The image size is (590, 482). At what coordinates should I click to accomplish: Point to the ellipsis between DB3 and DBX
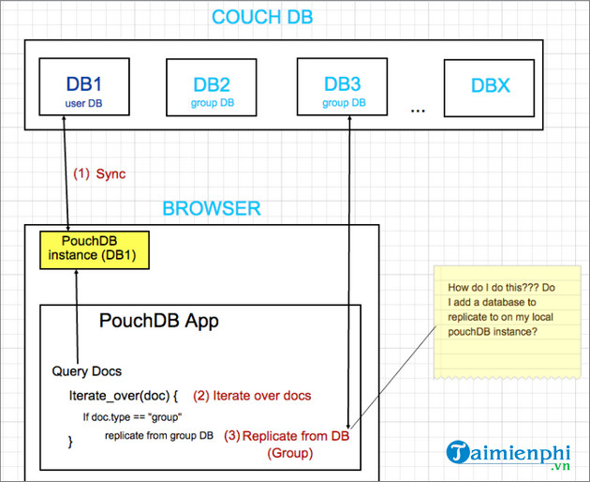pos(418,110)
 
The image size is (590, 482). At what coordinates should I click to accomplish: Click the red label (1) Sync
pos(99,173)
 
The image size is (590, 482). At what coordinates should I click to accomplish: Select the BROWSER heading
pos(212,208)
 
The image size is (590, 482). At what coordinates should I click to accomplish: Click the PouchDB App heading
pos(158,322)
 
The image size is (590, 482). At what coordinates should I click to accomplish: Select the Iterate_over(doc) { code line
pos(124,396)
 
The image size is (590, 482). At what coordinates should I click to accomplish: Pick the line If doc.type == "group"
pos(132,416)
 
